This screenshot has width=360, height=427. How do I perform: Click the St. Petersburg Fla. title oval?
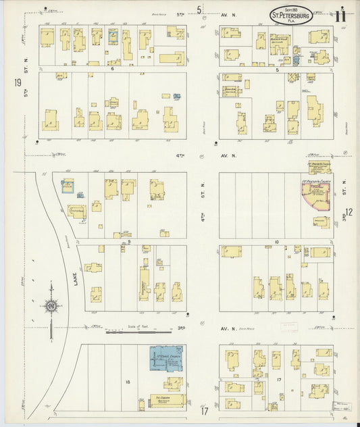(292, 15)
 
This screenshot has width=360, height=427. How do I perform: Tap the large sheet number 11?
(343, 13)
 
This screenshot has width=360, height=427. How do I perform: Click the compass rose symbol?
(51, 307)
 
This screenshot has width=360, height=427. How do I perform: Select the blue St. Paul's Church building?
(165, 360)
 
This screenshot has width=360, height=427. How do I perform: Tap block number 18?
(126, 382)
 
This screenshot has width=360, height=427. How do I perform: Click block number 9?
(128, 241)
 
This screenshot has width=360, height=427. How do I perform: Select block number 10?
(276, 241)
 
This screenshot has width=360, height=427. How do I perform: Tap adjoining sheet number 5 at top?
(199, 9)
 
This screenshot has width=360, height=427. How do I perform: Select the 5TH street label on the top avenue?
(180, 14)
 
